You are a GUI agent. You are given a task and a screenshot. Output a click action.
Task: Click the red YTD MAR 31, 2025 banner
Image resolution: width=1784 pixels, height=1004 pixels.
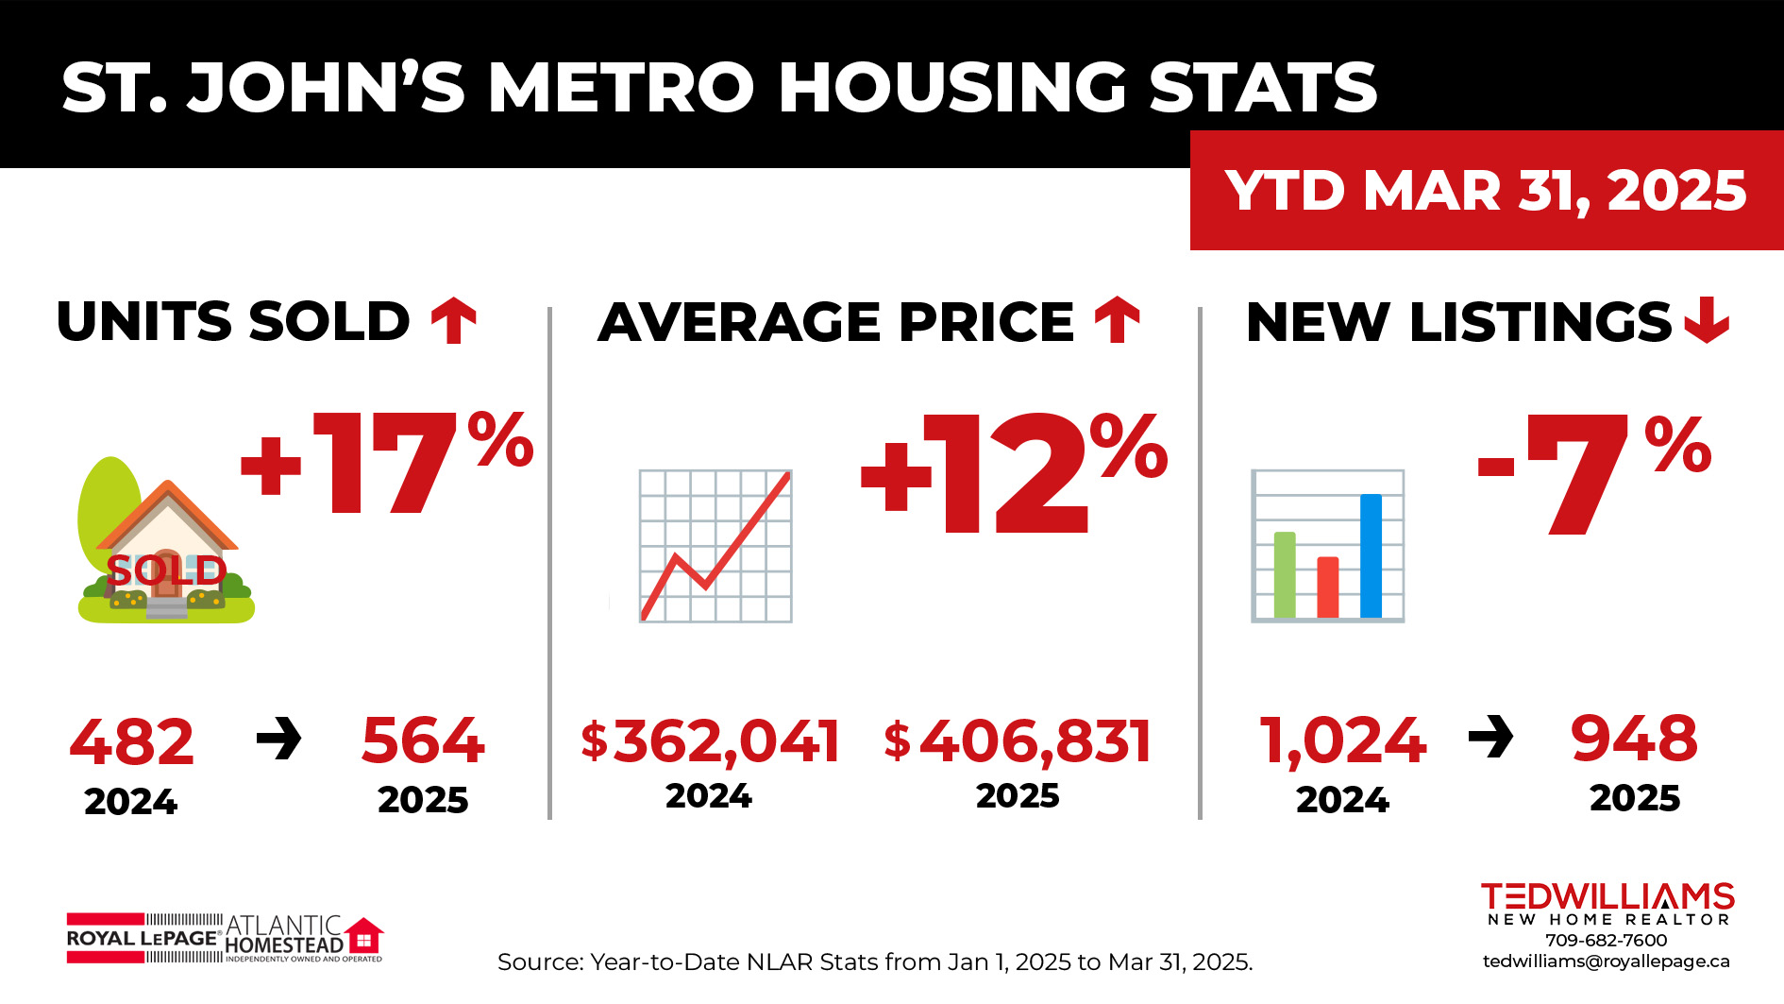1486,190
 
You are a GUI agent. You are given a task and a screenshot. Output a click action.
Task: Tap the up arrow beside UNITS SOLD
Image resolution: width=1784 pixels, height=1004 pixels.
454,320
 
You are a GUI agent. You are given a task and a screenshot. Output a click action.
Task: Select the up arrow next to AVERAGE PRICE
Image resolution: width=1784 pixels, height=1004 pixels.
1118,320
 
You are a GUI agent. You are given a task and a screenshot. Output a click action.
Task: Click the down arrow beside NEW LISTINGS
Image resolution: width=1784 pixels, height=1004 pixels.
1707,320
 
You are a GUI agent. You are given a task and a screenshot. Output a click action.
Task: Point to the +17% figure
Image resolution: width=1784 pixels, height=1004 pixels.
387,463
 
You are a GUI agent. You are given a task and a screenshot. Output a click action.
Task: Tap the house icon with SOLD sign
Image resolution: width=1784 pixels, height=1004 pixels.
166,543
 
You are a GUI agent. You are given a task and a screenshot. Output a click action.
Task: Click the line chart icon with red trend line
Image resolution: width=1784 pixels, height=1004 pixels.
715,546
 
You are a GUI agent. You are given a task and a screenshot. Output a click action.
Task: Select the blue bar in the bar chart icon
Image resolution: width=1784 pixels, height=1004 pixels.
1371,555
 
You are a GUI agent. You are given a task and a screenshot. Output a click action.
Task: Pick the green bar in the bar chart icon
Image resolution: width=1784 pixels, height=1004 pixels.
1285,574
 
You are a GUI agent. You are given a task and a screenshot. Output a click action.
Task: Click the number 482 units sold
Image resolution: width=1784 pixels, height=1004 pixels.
132,741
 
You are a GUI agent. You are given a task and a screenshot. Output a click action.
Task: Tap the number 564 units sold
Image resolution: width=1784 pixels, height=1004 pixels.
423,740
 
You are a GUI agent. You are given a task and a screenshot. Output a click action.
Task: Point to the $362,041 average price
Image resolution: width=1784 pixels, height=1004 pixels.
710,741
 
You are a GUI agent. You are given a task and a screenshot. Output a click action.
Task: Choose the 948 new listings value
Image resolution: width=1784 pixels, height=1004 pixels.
1634,739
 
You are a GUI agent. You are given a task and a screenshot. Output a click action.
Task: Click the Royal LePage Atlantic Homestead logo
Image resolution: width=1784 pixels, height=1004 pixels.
225,938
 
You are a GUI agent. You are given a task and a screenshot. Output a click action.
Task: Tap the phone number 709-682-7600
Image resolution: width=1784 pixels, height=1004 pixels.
1606,940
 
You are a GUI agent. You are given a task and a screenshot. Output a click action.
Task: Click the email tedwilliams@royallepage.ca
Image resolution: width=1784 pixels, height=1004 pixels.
1606,961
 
